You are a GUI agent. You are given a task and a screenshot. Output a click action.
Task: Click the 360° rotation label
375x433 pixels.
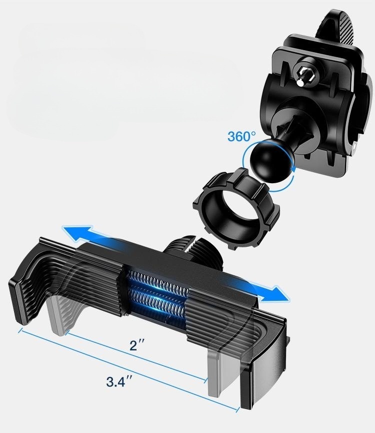(241, 136)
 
